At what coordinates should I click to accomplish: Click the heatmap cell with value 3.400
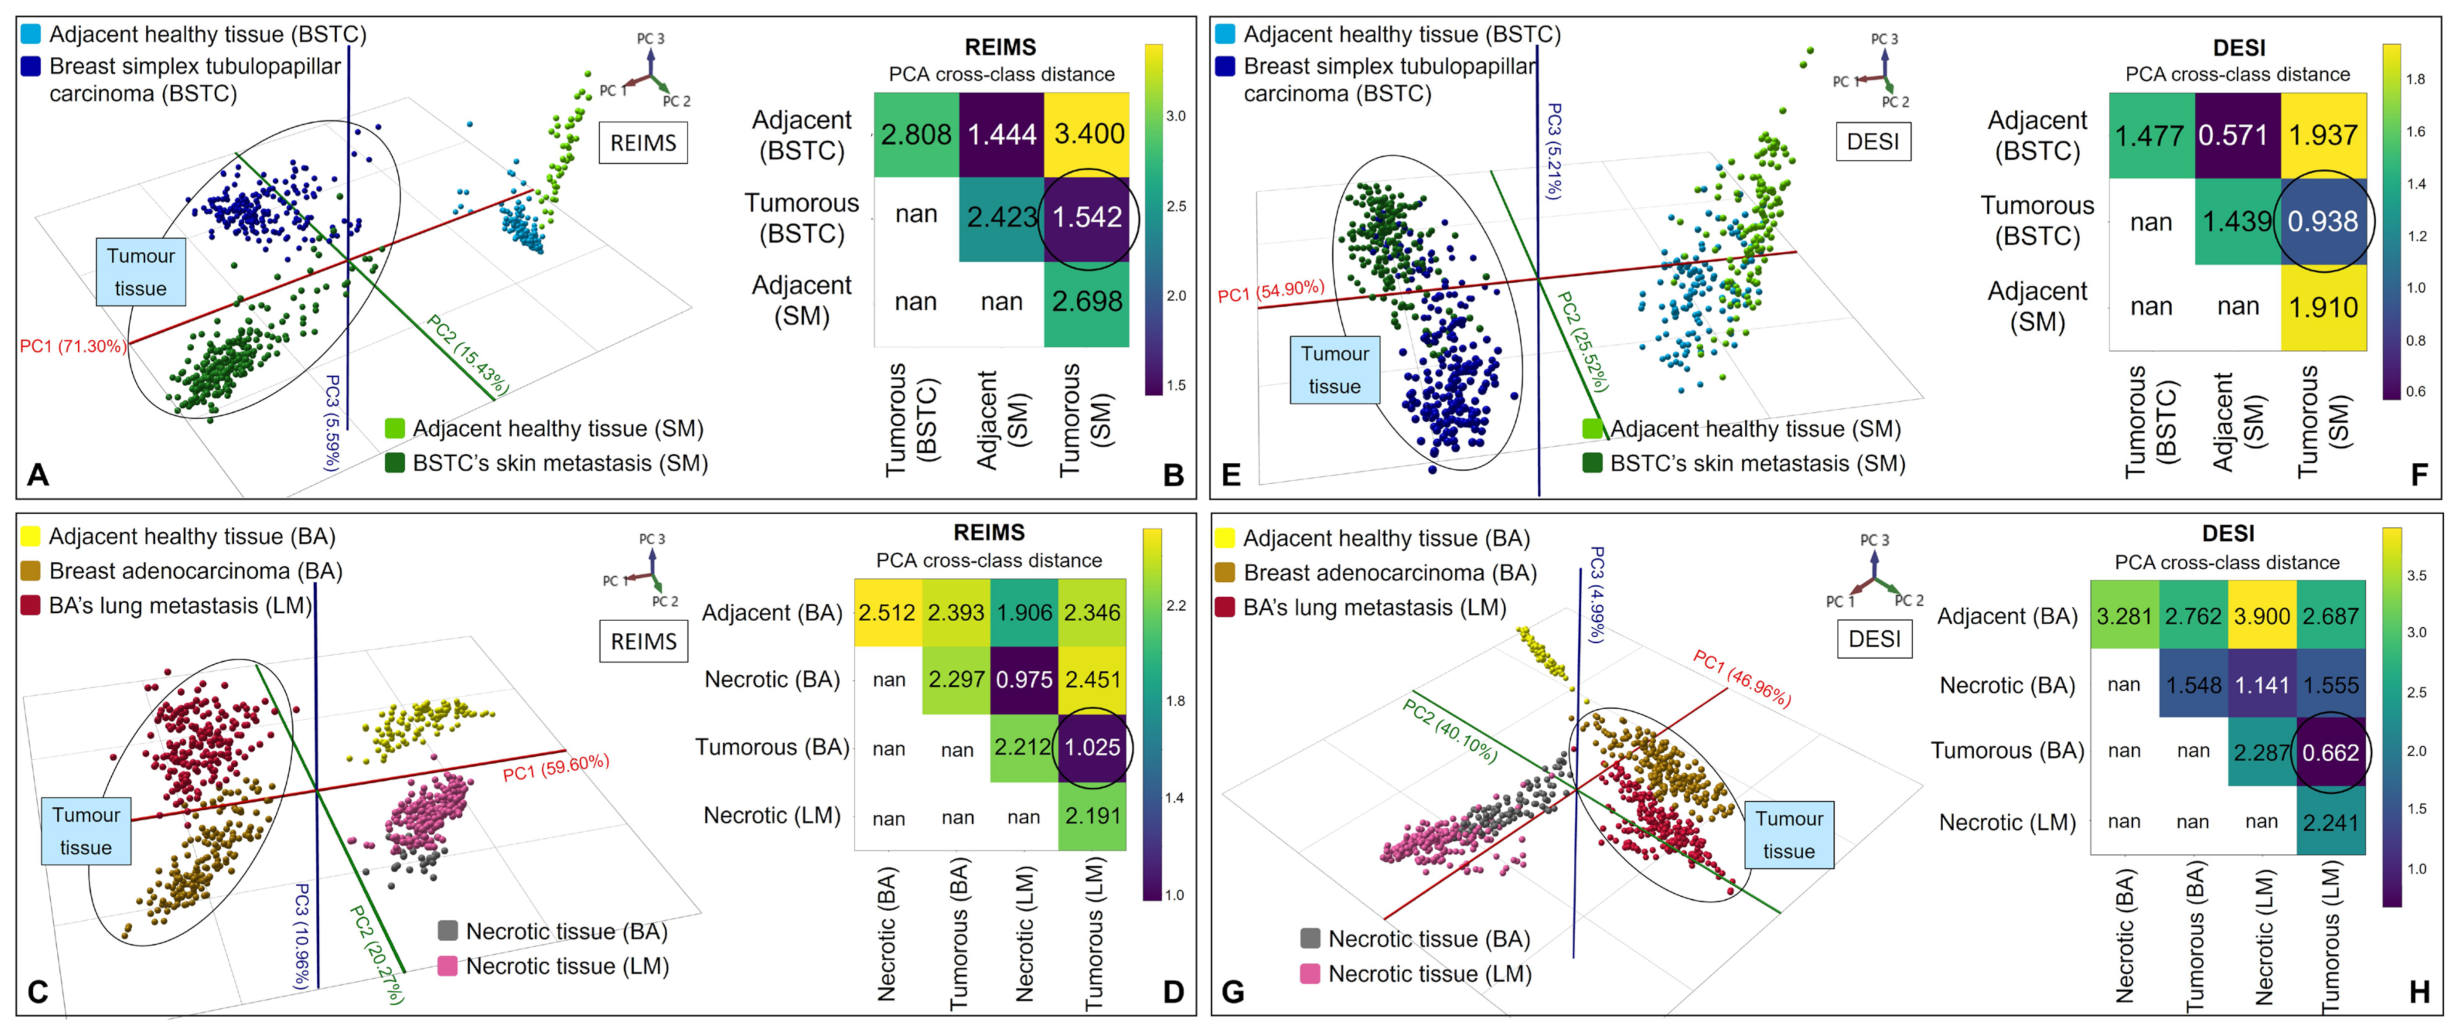[1088, 134]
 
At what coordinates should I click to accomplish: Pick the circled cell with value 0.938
[2323, 222]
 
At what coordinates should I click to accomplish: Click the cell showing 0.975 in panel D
[1024, 679]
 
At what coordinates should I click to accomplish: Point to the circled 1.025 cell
[1092, 747]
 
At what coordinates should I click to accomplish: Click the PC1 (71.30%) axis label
[73, 346]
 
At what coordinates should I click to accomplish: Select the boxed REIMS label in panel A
[643, 144]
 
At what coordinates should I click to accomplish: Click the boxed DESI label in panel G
[1875, 639]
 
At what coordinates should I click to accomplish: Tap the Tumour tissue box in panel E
[1334, 370]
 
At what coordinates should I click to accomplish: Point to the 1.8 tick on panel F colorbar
[2415, 79]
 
